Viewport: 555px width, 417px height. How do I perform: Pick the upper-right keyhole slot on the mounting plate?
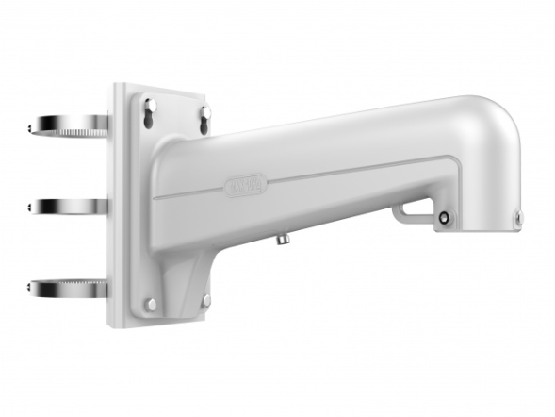click(204, 116)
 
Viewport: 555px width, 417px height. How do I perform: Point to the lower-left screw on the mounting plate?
click(149, 304)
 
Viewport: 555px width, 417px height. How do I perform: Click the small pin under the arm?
click(280, 241)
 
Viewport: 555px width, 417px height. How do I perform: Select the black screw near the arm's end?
click(443, 219)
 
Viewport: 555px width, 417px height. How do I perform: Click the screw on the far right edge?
click(517, 219)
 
